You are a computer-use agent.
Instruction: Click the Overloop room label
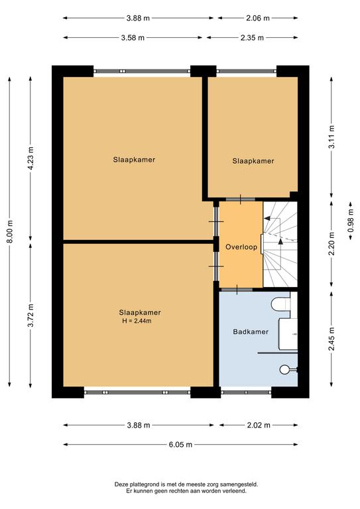(241, 247)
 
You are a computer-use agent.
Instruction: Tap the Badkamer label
(251, 332)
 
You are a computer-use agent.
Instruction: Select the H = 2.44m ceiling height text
(137, 321)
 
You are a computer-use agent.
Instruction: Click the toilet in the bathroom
(280, 304)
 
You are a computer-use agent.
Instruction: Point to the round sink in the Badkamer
(284, 369)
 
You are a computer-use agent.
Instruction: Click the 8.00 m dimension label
(10, 231)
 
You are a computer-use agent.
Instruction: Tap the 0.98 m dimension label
(350, 221)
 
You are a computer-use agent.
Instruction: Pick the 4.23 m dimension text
(31, 158)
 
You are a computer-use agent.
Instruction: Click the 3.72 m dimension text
(31, 315)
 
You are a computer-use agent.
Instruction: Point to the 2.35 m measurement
(252, 38)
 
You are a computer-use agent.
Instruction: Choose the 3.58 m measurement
(133, 38)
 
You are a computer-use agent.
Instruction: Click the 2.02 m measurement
(259, 425)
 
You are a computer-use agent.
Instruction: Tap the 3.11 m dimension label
(331, 137)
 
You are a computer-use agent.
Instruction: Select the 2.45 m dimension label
(331, 339)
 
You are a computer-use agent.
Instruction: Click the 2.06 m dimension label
(258, 18)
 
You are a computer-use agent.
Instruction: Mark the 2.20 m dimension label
(331, 243)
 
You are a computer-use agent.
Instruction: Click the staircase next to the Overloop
(280, 245)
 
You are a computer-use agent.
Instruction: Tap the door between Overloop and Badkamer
(237, 289)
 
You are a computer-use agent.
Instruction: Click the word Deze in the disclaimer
(120, 484)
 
